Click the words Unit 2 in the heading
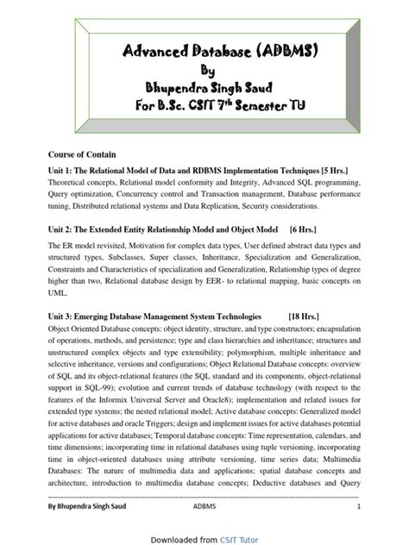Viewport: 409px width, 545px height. click(x=60, y=231)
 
